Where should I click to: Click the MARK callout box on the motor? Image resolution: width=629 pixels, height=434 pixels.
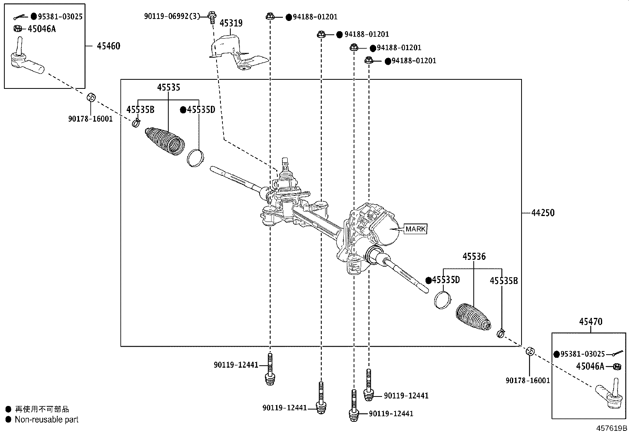click(x=415, y=229)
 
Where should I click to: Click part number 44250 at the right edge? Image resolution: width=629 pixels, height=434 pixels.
click(x=542, y=213)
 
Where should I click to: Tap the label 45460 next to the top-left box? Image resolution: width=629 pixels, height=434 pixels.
click(x=108, y=46)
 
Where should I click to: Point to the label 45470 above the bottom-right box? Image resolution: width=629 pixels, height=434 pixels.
click(x=591, y=322)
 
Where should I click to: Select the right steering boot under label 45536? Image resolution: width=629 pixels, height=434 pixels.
click(x=473, y=317)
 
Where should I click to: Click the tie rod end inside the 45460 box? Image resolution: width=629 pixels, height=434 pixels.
click(x=25, y=62)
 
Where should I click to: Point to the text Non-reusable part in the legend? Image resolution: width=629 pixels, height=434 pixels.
click(x=46, y=420)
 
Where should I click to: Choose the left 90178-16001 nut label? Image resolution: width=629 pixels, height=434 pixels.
click(x=90, y=118)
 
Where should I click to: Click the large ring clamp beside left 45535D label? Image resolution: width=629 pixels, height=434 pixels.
click(x=195, y=157)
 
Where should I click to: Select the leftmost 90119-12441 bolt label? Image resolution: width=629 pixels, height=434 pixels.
click(x=236, y=365)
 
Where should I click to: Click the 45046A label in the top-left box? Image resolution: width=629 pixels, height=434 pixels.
click(x=41, y=28)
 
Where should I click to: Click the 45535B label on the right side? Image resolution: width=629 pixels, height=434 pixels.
click(x=503, y=281)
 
